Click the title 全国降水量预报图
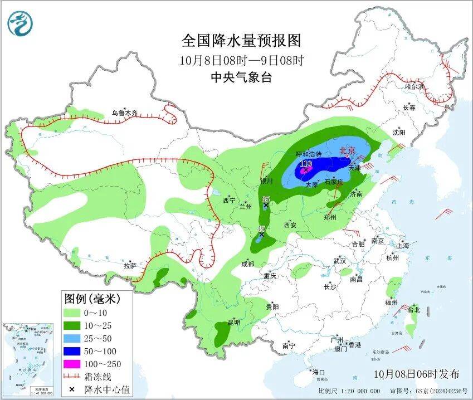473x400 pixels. tap(241, 40)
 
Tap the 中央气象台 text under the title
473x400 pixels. tap(241, 77)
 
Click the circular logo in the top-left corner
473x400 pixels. tap(21, 23)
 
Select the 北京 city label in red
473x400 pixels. tap(347, 150)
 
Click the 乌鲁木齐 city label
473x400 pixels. tap(124, 113)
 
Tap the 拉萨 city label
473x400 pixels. tap(130, 266)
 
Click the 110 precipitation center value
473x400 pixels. tap(305, 164)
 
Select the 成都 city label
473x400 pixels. tap(248, 264)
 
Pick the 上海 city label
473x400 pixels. tap(403, 246)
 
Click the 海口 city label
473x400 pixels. tap(318, 372)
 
